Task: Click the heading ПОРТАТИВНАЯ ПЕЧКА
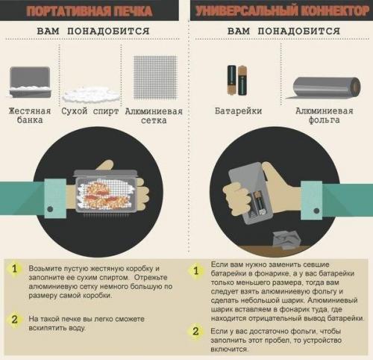coord(91,11)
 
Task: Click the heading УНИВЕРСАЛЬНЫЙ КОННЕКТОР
coord(280,11)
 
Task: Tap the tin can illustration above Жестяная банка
coord(30,81)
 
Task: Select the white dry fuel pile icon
coord(91,94)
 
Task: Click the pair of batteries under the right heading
coord(236,80)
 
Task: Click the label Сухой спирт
coord(91,112)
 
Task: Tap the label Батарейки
coord(236,112)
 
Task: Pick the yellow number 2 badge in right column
coord(196,332)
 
